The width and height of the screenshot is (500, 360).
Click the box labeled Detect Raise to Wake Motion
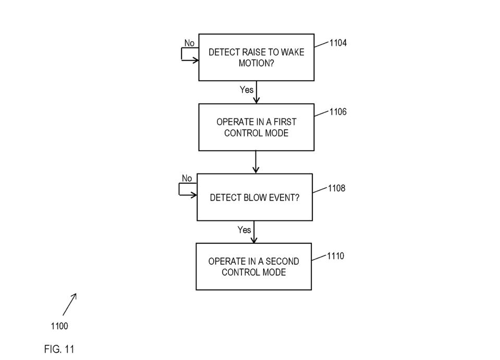[256, 57]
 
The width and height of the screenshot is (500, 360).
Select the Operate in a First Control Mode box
[256, 127]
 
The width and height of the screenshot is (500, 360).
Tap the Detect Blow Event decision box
[254, 197]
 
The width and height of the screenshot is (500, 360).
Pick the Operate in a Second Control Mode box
[253, 266]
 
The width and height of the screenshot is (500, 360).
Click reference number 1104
[338, 43]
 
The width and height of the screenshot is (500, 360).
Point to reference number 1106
[338, 112]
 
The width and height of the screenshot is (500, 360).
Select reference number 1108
[336, 188]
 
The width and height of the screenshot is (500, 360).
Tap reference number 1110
[335, 256]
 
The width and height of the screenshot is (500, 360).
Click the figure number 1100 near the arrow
[59, 326]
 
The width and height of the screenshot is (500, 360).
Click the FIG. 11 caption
[59, 349]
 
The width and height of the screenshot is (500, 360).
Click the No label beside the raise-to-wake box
[189, 43]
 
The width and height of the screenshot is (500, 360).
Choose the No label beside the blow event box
[187, 178]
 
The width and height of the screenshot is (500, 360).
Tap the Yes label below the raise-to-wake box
[246, 90]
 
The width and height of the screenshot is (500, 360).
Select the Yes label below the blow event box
[244, 230]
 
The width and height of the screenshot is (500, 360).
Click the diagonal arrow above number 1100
[70, 304]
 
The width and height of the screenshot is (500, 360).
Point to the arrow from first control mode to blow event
[255, 162]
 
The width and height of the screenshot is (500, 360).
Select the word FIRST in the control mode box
[285, 122]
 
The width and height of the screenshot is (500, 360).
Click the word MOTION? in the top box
[256, 63]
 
